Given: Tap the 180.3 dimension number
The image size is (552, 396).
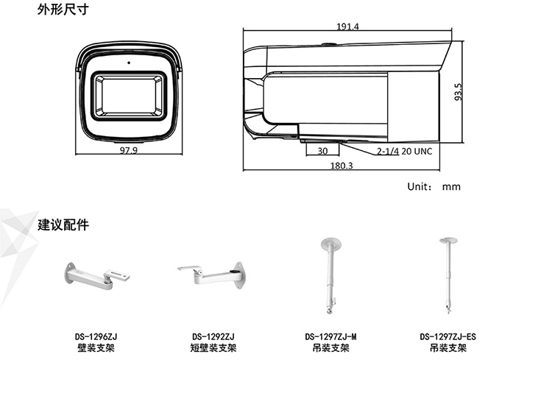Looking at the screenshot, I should tap(342, 166).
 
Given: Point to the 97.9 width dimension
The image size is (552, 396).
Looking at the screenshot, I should tap(128, 150).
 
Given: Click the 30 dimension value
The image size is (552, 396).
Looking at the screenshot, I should tap(322, 151).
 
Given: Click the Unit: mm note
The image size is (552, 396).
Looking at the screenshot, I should tap(434, 186).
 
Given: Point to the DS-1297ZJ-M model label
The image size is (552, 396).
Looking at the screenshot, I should tap(330, 337).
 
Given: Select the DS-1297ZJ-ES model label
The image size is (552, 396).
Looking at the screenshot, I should tap(447, 337).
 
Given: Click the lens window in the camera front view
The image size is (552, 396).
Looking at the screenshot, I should tap(127, 96).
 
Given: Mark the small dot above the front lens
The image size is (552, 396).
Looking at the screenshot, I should tap(128, 61).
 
